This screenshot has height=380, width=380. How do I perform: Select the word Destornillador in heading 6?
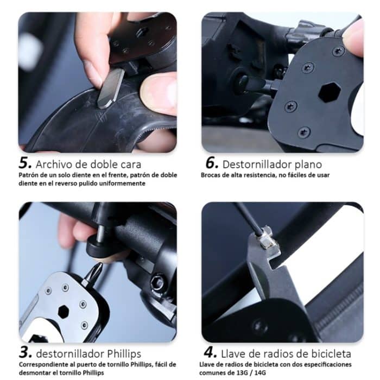point(259,163)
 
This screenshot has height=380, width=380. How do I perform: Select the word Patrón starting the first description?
point(29,175)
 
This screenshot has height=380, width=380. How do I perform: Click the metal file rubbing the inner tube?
point(111,86)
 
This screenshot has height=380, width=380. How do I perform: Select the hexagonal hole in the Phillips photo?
point(64,312)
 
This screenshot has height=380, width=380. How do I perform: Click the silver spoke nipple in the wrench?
point(265,238)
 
